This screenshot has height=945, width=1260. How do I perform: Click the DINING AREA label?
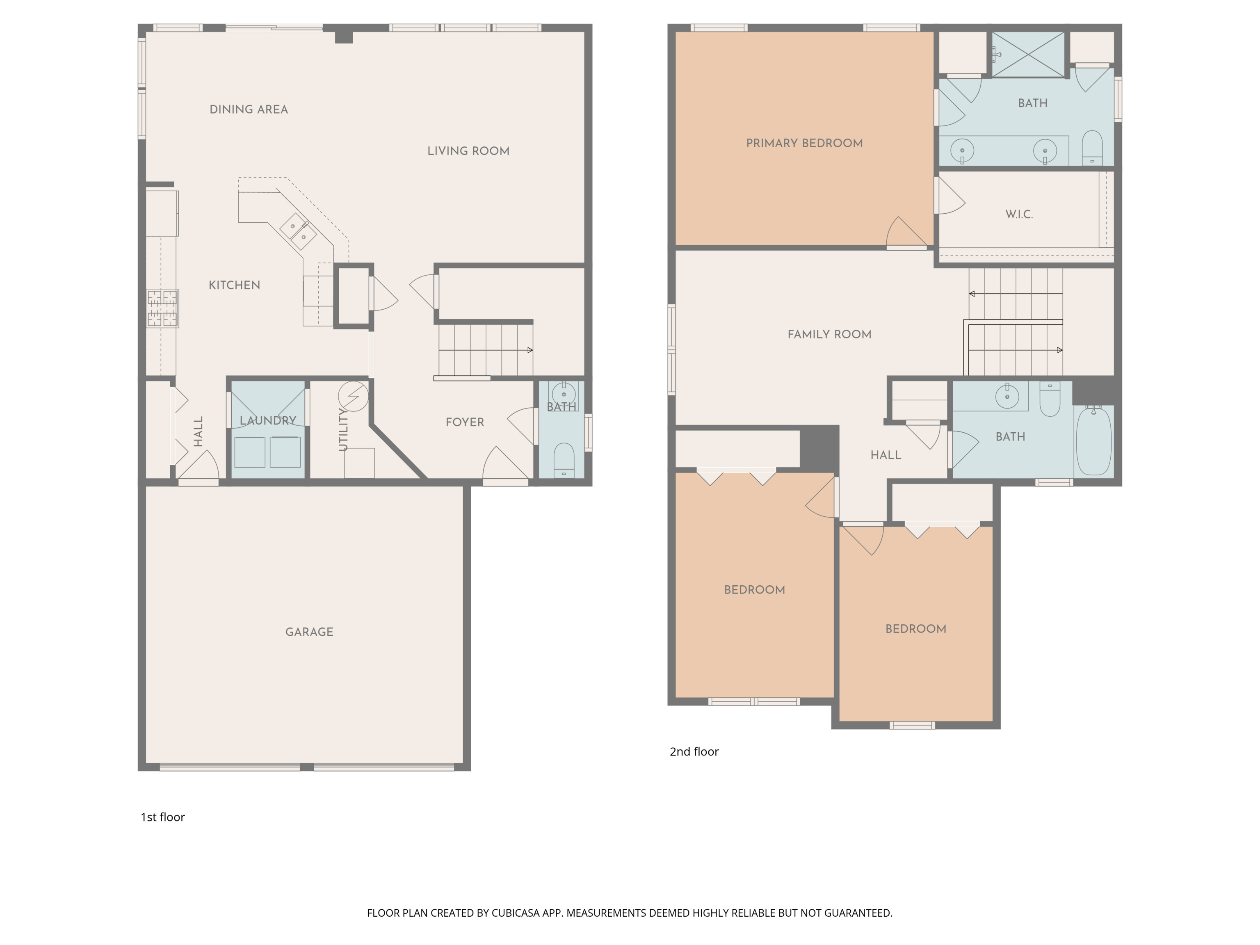pyautogui.click(x=249, y=110)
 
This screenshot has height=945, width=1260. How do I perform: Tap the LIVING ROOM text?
pyautogui.click(x=468, y=151)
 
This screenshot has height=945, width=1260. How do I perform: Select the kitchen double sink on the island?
pyautogui.click(x=298, y=231)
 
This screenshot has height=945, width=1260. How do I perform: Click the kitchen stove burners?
pyautogui.click(x=163, y=308)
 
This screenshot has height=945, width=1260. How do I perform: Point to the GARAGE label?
pyautogui.click(x=309, y=632)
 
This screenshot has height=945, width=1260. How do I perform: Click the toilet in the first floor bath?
pyautogui.click(x=564, y=459)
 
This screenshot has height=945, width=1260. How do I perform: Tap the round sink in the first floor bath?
pyautogui.click(x=564, y=393)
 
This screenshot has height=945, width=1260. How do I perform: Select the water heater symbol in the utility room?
pyautogui.click(x=353, y=395)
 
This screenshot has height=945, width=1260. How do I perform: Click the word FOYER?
pyautogui.click(x=465, y=422)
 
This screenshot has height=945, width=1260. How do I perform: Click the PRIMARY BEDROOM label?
pyautogui.click(x=804, y=143)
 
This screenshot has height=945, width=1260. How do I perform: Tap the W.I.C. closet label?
pyautogui.click(x=1019, y=214)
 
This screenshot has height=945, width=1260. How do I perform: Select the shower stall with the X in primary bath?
pyautogui.click(x=1028, y=54)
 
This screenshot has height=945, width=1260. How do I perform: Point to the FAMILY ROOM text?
pyautogui.click(x=829, y=334)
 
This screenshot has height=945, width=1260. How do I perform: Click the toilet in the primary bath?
pyautogui.click(x=1092, y=146)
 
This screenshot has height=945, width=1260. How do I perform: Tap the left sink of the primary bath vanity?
pyautogui.click(x=962, y=151)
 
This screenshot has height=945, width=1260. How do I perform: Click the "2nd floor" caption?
pyautogui.click(x=694, y=751)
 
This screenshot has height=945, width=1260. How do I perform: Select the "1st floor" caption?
pyautogui.click(x=163, y=817)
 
